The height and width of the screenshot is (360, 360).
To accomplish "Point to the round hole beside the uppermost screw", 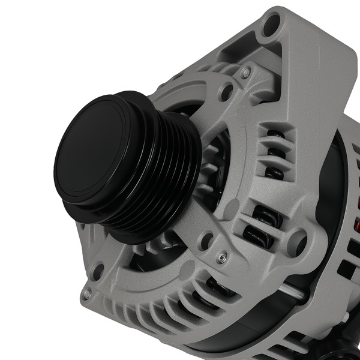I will pos(227,92).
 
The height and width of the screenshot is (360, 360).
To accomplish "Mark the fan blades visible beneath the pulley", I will pos(150,252).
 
